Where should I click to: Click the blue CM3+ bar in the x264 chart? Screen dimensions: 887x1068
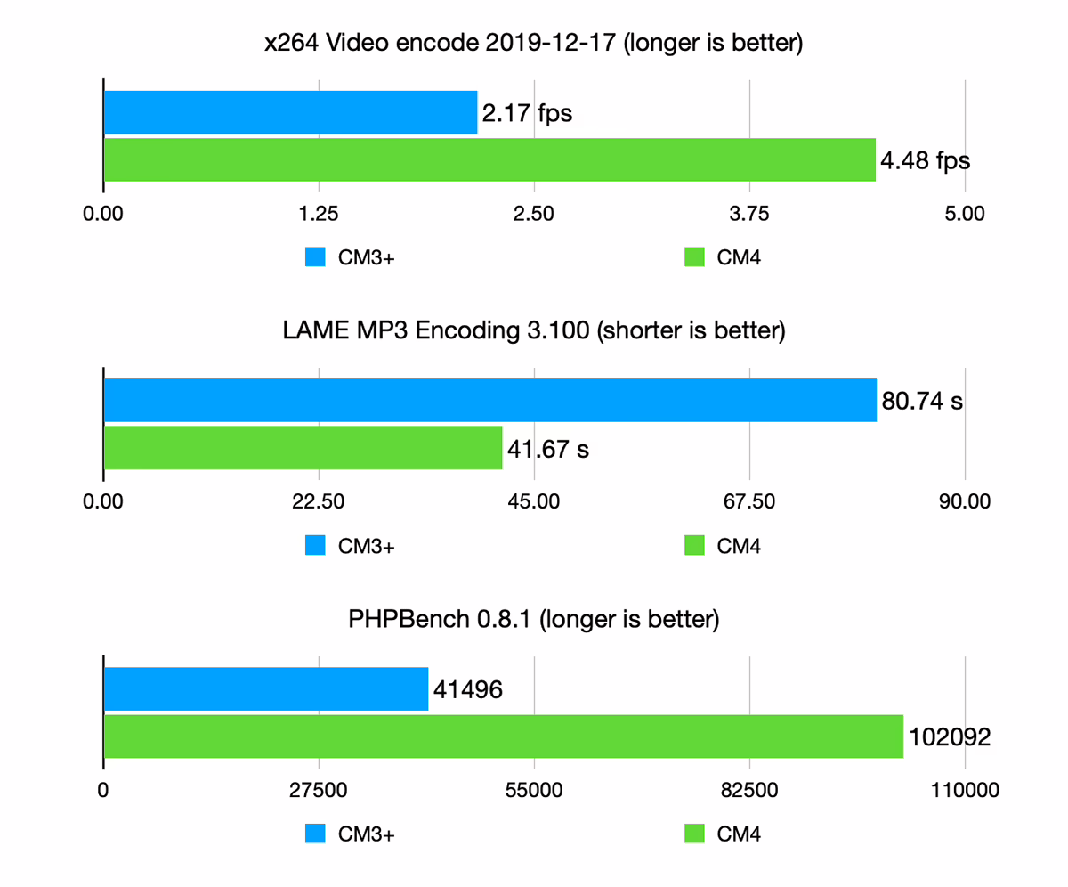pyautogui.click(x=290, y=112)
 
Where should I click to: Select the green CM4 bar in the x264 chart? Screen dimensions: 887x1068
pyautogui.click(x=489, y=159)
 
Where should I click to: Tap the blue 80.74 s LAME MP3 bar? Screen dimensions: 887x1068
pyautogui.click(x=490, y=401)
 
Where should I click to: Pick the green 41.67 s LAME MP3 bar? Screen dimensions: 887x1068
pyautogui.click(x=303, y=448)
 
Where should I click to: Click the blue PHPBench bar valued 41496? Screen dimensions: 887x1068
pyautogui.click(x=266, y=689)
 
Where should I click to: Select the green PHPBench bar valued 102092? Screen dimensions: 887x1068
pyautogui.click(x=504, y=736)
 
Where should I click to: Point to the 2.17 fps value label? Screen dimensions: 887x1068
pyautogui.click(x=526, y=113)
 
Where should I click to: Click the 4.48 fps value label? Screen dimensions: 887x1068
pyautogui.click(x=925, y=161)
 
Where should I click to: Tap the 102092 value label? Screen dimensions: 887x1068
pyautogui.click(x=950, y=737)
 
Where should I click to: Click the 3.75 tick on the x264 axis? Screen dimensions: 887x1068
pyautogui.click(x=749, y=214)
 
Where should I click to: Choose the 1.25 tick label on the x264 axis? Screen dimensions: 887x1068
pyautogui.click(x=319, y=214)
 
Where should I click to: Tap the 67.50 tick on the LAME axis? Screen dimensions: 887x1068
pyautogui.click(x=749, y=501)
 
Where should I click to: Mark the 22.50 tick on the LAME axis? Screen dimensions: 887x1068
pyautogui.click(x=319, y=501)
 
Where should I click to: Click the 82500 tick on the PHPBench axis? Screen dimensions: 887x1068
pyautogui.click(x=749, y=790)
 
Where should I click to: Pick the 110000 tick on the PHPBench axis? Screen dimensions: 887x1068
pyautogui.click(x=966, y=790)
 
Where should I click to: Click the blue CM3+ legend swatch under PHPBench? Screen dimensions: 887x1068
pyautogui.click(x=316, y=834)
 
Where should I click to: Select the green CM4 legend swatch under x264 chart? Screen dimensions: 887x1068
pyautogui.click(x=694, y=257)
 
